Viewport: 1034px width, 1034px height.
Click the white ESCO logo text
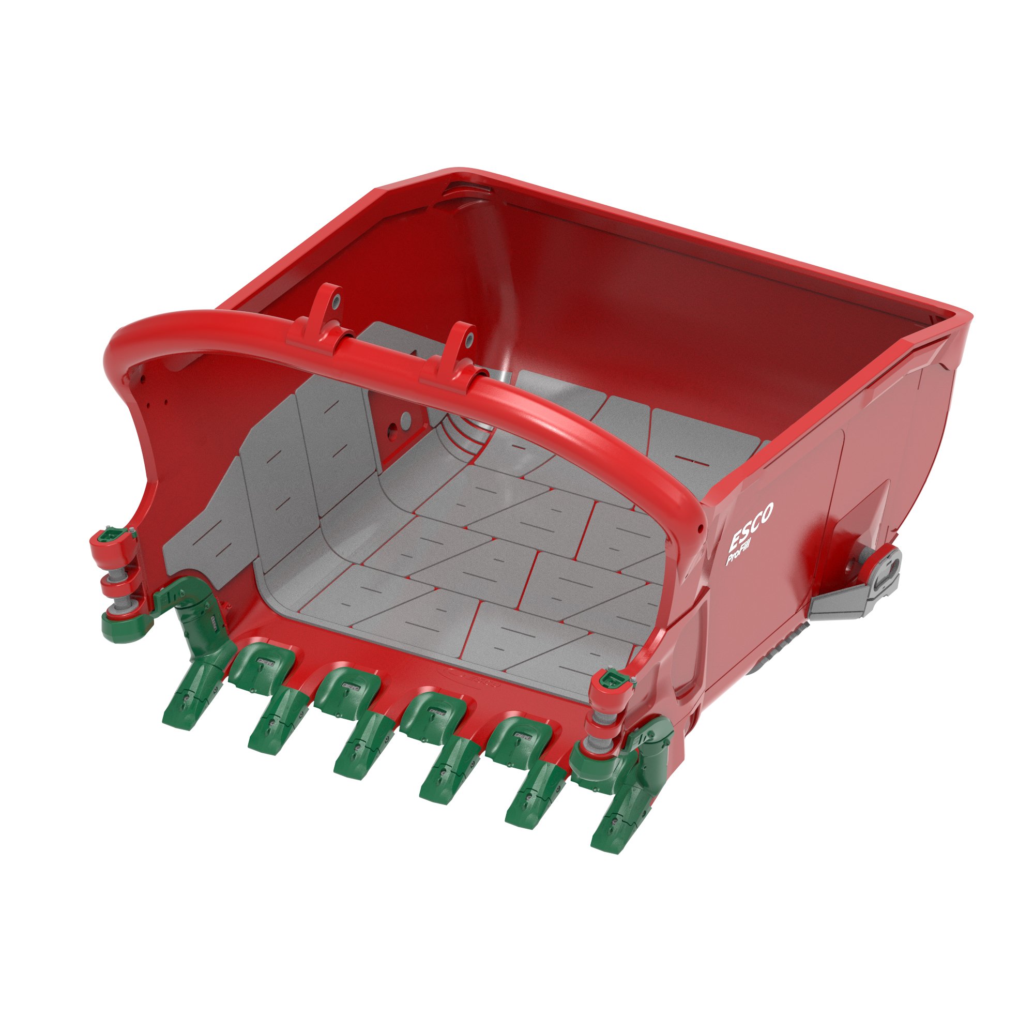[751, 527]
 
